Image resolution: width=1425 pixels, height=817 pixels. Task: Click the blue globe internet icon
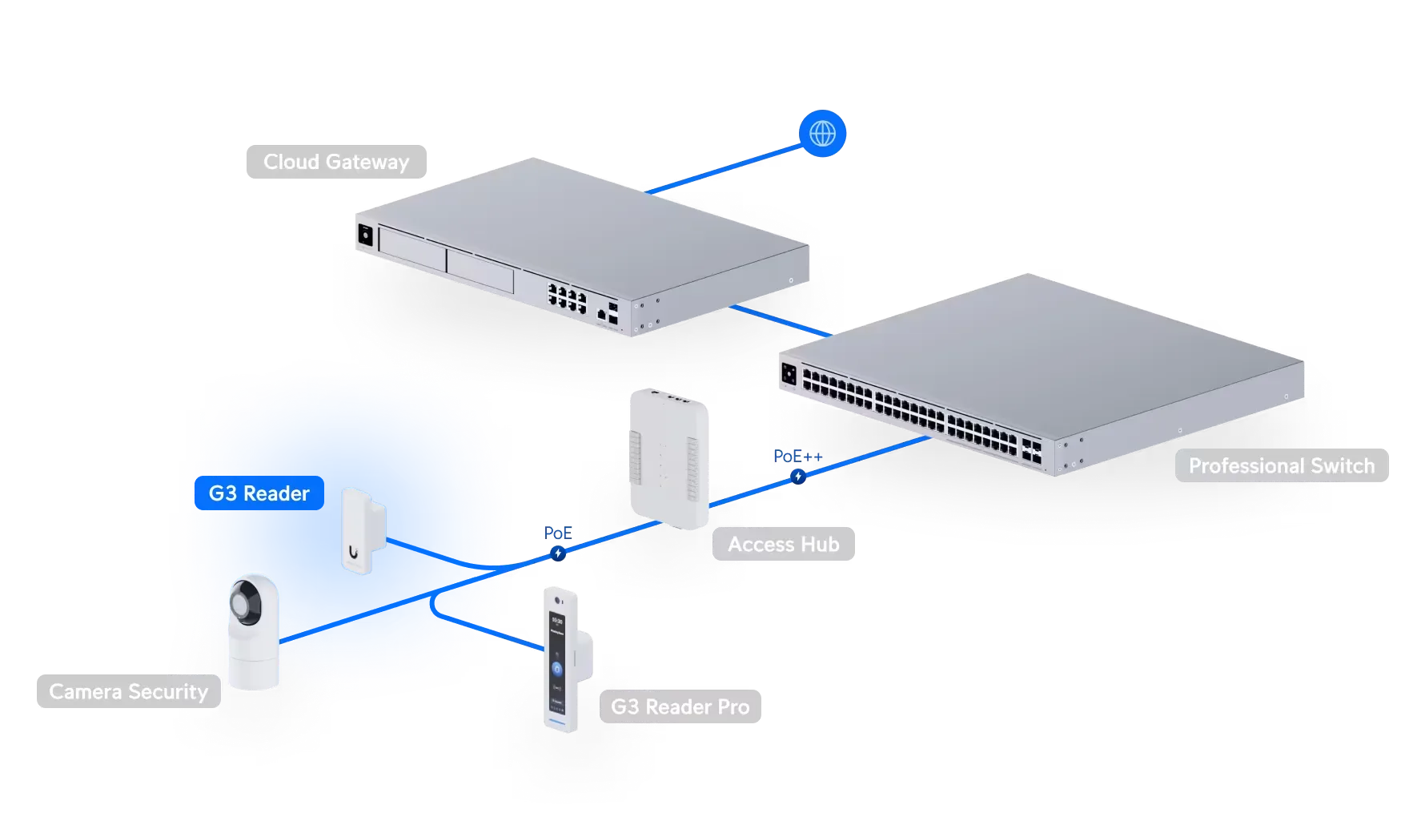point(822,133)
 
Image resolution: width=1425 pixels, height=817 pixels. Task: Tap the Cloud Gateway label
point(336,162)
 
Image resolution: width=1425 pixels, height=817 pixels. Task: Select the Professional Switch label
point(1282,465)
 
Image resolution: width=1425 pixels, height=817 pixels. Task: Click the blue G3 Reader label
point(259,493)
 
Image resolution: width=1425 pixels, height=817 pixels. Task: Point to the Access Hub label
point(784,544)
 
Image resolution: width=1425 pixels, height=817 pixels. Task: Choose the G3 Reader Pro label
point(680,706)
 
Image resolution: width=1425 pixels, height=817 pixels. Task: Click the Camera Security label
point(129,691)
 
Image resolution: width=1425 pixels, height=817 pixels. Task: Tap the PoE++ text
point(798,456)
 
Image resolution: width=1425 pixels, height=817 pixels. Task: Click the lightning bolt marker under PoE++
point(798,477)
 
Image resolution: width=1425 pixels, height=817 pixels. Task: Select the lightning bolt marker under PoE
point(558,553)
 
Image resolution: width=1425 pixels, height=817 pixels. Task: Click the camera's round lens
point(246,602)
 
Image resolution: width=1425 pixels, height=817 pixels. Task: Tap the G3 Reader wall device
point(363,531)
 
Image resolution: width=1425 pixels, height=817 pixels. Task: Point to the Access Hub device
point(669,458)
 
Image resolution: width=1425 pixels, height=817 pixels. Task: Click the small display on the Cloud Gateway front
point(365,235)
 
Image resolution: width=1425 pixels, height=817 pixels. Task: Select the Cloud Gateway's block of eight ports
point(567,298)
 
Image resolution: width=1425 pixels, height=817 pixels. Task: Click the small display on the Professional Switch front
point(789,373)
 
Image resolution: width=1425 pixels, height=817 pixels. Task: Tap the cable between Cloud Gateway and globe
point(724,169)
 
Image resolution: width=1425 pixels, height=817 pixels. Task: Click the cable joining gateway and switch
point(781,320)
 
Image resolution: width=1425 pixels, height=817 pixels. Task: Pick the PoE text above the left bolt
point(558,533)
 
